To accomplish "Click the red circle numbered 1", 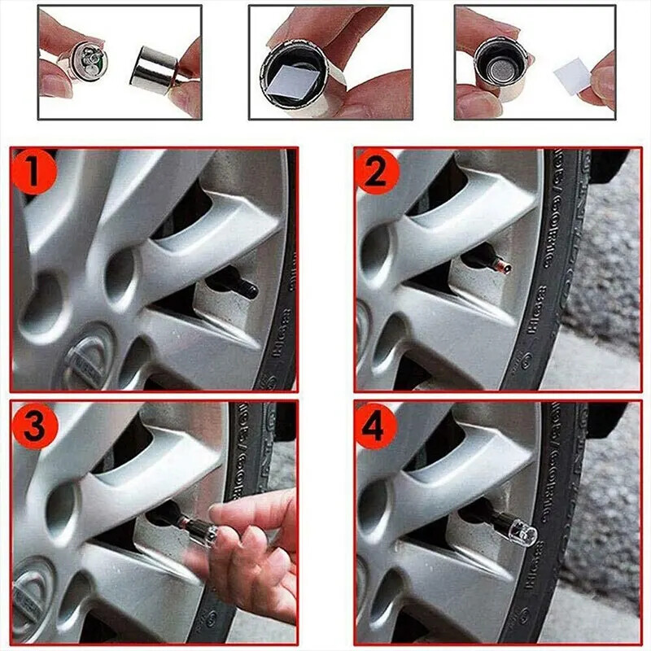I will pyautogui.click(x=33, y=172).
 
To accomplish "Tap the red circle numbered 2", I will pyautogui.click(x=377, y=172).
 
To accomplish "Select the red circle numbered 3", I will pyautogui.click(x=33, y=426).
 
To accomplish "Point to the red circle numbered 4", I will pyautogui.click(x=377, y=426).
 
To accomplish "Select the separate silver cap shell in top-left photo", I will pyautogui.click(x=155, y=68).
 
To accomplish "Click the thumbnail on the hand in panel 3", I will pyautogui.click(x=229, y=511).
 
